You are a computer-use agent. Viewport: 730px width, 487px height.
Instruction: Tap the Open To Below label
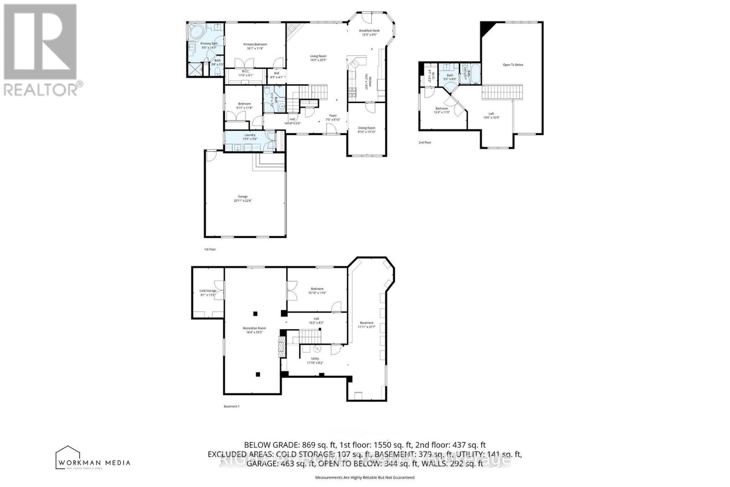[x=513, y=65]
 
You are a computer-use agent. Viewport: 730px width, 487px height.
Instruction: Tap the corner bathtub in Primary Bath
[x=197, y=32]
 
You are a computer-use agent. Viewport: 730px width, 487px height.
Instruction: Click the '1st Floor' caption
[x=210, y=250]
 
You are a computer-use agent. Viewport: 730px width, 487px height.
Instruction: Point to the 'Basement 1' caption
[x=231, y=406]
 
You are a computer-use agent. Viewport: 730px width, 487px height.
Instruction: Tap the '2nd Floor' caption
[x=425, y=142]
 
